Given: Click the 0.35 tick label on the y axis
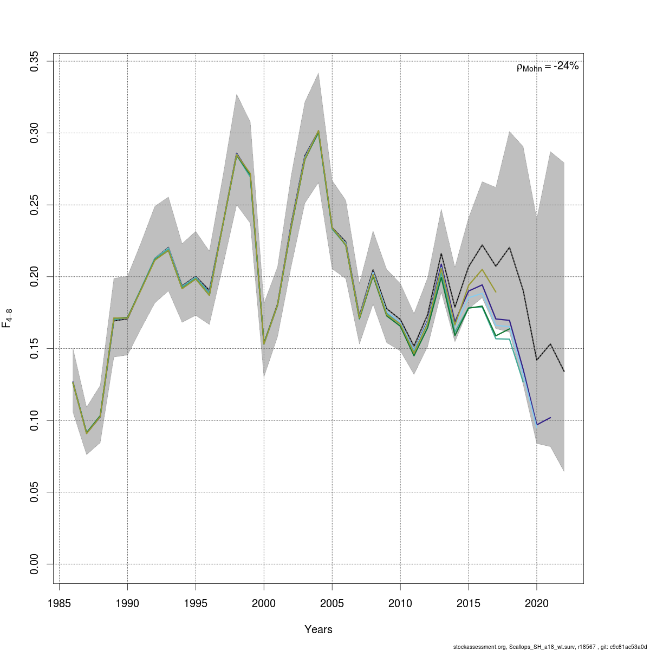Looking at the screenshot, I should click(35, 61).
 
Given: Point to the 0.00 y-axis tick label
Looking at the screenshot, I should click(35, 564).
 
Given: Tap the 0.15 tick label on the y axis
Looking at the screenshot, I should click(35, 348).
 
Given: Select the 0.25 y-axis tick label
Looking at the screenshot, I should click(35, 205).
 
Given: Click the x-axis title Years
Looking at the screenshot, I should click(318, 629).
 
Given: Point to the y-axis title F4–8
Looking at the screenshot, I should click(8, 318).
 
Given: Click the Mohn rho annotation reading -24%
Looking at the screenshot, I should click(548, 67).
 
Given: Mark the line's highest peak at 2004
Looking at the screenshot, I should click(318, 131).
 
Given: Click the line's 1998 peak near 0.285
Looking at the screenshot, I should click(237, 154).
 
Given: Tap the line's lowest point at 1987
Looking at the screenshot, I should click(87, 433).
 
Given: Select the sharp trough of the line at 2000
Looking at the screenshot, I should click(264, 343).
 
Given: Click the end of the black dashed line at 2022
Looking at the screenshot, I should click(564, 372).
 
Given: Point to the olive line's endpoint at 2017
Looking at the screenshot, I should click(496, 292).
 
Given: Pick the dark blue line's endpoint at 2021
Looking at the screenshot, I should click(550, 418).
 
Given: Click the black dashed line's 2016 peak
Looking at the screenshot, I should click(482, 245).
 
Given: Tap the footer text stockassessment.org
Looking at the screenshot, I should click(477, 646).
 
